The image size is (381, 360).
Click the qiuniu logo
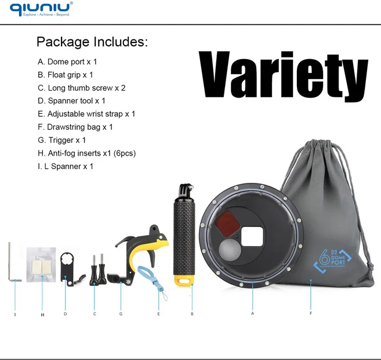(x=41, y=9)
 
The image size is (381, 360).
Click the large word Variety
(x=284, y=75)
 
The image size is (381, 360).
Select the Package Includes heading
(x=92, y=42)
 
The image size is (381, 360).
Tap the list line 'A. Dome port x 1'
(x=67, y=62)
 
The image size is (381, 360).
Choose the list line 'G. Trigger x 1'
(x=61, y=140)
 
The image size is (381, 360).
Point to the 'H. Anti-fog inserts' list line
(x=87, y=153)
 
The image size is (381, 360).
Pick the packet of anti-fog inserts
(x=41, y=264)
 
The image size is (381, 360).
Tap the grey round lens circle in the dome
(x=230, y=250)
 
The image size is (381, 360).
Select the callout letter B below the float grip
(x=192, y=314)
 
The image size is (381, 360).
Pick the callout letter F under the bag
(x=311, y=314)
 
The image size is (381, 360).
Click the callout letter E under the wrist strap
(x=158, y=314)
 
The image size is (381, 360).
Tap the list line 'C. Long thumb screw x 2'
(x=82, y=88)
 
